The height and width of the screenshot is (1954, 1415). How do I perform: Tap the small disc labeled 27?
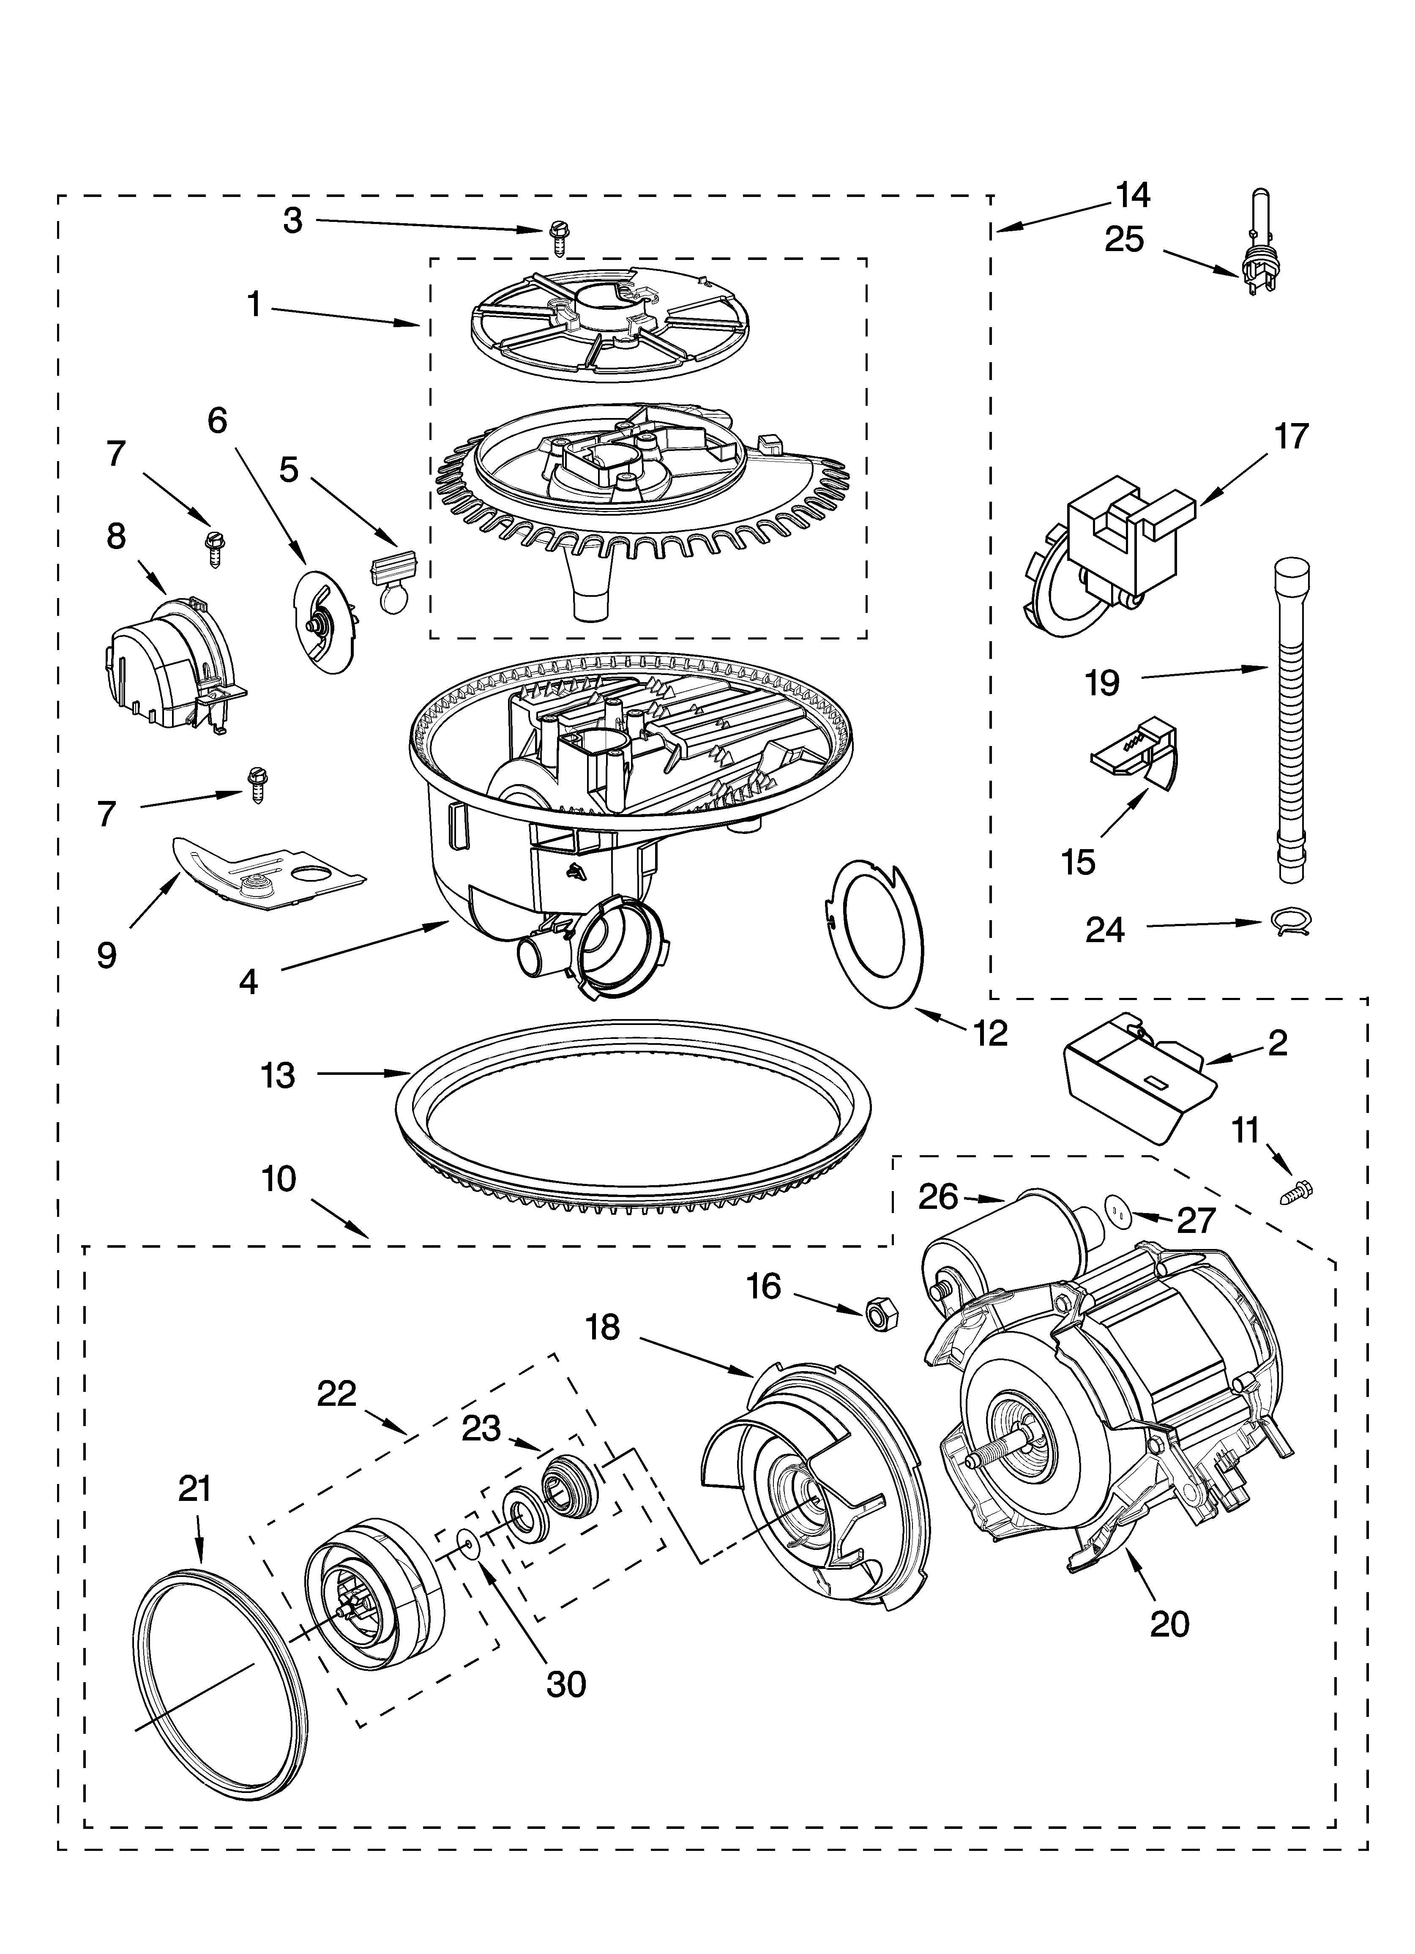click(1118, 1212)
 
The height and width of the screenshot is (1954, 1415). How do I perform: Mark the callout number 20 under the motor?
click(1169, 1624)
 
